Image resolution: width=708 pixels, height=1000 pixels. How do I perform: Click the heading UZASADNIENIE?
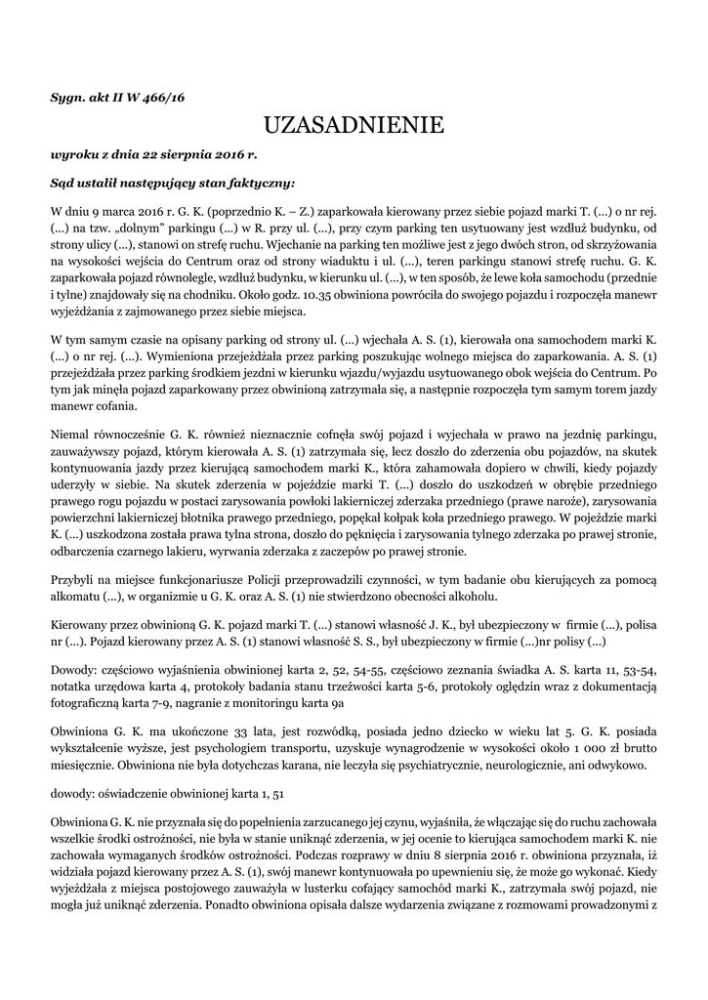tap(354, 125)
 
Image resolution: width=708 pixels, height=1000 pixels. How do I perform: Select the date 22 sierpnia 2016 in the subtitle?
tap(192, 154)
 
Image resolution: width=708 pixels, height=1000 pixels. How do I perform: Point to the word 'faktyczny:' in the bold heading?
tap(256, 182)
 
